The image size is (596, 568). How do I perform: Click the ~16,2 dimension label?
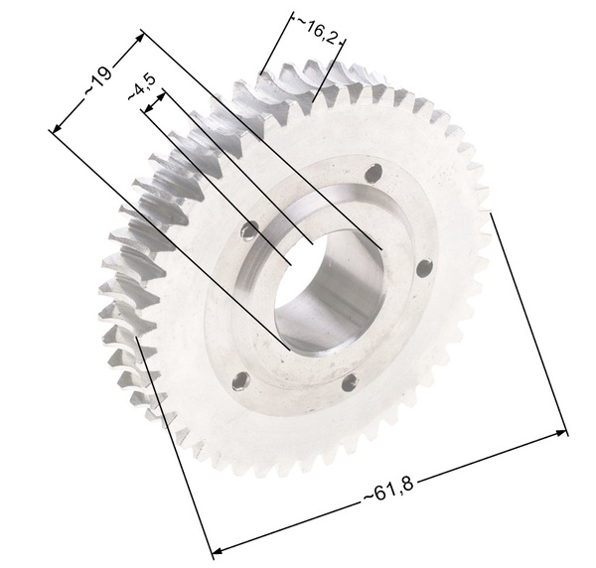pyautogui.click(x=317, y=31)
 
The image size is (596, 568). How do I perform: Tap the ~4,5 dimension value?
pyautogui.click(x=142, y=87)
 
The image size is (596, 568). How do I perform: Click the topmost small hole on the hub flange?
pyautogui.click(x=373, y=173)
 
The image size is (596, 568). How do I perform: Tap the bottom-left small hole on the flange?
pyautogui.click(x=241, y=380)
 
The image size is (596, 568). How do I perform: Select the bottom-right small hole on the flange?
pyautogui.click(x=350, y=382)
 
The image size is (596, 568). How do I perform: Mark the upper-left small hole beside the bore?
pyautogui.click(x=250, y=229)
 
